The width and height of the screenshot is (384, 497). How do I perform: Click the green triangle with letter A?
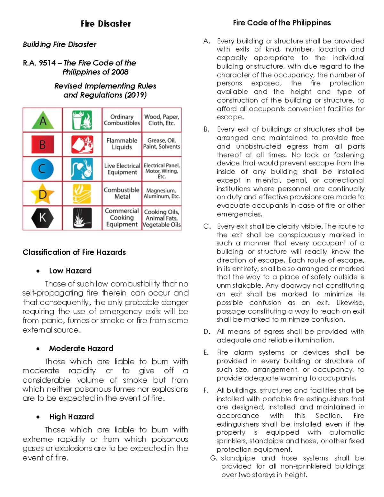pyautogui.click(x=43, y=121)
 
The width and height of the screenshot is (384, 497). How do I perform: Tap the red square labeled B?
pyautogui.click(x=43, y=145)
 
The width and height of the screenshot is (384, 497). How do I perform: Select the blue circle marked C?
pyautogui.click(x=42, y=169)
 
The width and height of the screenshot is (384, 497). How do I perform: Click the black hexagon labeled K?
pyautogui.click(x=43, y=218)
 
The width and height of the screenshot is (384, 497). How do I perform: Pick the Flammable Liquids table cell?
pyautogui.click(x=122, y=144)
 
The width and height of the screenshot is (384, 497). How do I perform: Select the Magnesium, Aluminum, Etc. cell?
pyautogui.click(x=161, y=193)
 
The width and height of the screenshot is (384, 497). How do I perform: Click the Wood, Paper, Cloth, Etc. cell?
pyautogui.click(x=161, y=120)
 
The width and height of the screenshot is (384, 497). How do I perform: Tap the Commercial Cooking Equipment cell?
pyautogui.click(x=122, y=218)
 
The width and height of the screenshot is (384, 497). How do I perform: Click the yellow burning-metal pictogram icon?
pyautogui.click(x=82, y=194)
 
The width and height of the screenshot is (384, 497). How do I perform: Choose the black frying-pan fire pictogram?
pyautogui.click(x=82, y=218)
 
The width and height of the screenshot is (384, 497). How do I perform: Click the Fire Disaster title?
pyautogui.click(x=106, y=24)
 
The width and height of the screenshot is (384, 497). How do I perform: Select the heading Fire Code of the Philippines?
pyautogui.click(x=282, y=23)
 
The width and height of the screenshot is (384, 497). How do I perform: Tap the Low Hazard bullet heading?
pyautogui.click(x=70, y=271)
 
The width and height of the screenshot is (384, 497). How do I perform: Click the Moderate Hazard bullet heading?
pyautogui.click(x=81, y=348)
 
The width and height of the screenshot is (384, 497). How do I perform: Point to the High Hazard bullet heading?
pyautogui.click(x=71, y=417)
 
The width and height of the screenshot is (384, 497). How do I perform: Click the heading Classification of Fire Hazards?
pyautogui.click(x=74, y=252)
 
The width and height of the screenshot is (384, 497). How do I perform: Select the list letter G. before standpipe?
pyautogui.click(x=214, y=458)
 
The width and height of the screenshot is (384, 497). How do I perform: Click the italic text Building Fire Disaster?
pyautogui.click(x=60, y=44)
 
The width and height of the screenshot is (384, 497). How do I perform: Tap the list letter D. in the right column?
pyautogui.click(x=207, y=332)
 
